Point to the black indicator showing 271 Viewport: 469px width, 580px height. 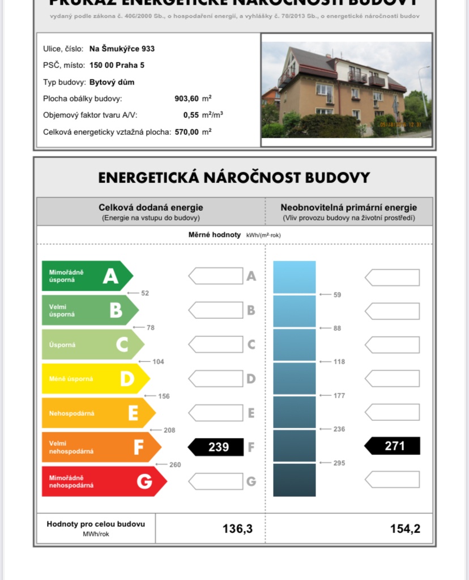[393, 446]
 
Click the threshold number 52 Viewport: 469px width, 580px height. [145, 293]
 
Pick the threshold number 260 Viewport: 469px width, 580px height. [175, 465]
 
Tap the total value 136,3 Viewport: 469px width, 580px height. [237, 529]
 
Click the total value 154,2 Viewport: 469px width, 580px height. [405, 529]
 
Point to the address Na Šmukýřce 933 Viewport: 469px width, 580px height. [122, 49]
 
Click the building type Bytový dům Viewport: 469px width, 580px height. [112, 82]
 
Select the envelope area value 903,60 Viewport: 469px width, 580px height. [187, 99]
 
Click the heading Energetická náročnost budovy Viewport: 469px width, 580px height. [234, 177]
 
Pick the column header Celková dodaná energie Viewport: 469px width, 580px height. [151, 208]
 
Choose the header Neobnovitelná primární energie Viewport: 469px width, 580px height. [348, 208]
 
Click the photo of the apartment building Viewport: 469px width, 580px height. [346, 90]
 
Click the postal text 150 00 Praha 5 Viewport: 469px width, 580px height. [117, 65]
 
